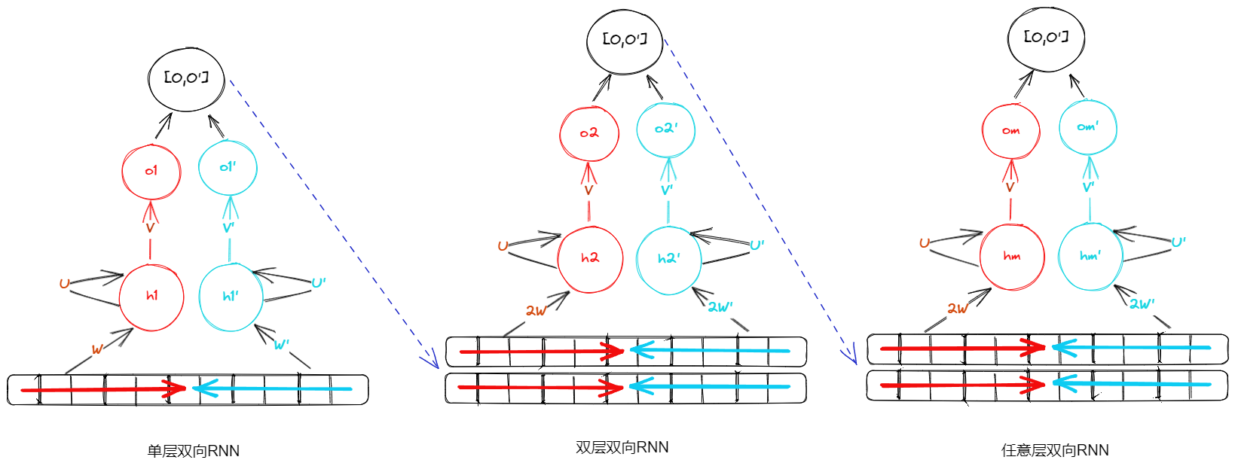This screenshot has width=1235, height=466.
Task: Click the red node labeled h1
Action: tap(151, 297)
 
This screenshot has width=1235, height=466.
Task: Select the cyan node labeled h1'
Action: tap(231, 297)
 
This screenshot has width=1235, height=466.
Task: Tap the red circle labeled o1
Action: tap(151, 172)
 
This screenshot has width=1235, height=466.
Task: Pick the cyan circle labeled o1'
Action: tap(228, 167)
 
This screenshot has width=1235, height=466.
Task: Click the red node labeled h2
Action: tap(590, 259)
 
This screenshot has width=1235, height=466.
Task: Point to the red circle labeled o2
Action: tap(589, 133)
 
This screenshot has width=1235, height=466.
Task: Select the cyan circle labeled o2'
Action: tap(666, 129)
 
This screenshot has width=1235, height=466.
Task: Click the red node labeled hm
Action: tap(1012, 257)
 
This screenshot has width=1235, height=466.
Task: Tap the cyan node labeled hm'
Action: tap(1090, 257)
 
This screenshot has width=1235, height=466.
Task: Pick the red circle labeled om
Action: tap(1011, 131)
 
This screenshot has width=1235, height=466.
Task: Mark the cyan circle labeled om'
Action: tap(1088, 127)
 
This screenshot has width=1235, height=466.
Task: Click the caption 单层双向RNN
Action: tap(194, 451)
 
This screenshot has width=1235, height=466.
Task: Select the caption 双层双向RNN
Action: tap(622, 447)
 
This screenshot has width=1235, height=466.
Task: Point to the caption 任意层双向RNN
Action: tap(1055, 450)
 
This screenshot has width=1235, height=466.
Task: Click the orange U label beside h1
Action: tap(64, 284)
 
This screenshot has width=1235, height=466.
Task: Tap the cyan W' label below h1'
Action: tap(281, 345)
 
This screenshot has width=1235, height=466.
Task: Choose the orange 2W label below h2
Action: tap(536, 310)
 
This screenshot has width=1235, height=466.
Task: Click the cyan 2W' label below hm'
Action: tap(1142, 304)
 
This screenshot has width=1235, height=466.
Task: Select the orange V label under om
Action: tap(1010, 187)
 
